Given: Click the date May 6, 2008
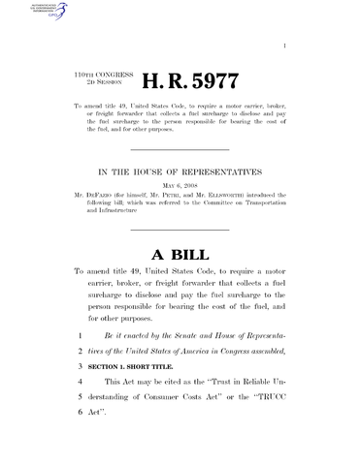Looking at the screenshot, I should [x=180, y=185].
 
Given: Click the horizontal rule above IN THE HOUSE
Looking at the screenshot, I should [x=180, y=150].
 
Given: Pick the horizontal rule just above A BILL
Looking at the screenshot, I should [x=180, y=229].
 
